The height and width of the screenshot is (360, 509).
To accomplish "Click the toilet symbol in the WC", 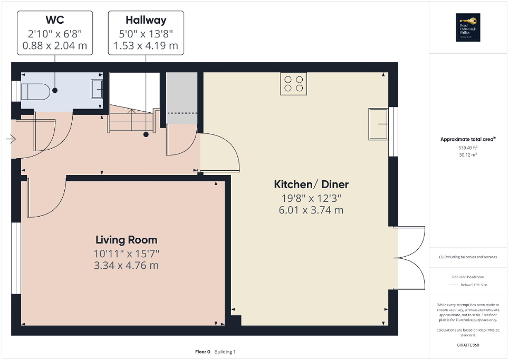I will click(x=34, y=92).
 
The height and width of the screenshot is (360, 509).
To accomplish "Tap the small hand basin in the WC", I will click(x=98, y=89).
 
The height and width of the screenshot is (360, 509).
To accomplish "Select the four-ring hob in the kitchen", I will click(x=294, y=84).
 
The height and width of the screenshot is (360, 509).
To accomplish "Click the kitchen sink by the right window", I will click(x=378, y=124).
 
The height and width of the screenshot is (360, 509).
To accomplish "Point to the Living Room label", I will click(x=126, y=240).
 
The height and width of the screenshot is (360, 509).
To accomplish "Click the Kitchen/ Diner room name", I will click(x=311, y=184).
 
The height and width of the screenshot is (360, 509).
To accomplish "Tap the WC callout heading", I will click(x=54, y=21).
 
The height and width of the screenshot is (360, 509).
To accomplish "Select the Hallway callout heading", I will click(x=146, y=21).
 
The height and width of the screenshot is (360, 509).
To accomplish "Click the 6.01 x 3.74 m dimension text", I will click(x=311, y=210).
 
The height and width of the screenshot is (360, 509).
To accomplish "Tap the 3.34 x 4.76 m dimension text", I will click(x=126, y=265).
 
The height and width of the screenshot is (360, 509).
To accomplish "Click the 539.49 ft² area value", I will click(x=468, y=148).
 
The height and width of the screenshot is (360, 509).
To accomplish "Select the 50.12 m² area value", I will click(x=468, y=155).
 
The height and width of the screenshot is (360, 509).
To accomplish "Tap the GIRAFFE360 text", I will click(x=468, y=345).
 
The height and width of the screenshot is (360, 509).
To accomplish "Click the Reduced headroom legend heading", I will click(x=468, y=277).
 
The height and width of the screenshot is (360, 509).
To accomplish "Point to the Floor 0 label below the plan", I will click(x=203, y=352).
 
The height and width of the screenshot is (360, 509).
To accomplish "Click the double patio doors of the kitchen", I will click(x=409, y=258).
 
